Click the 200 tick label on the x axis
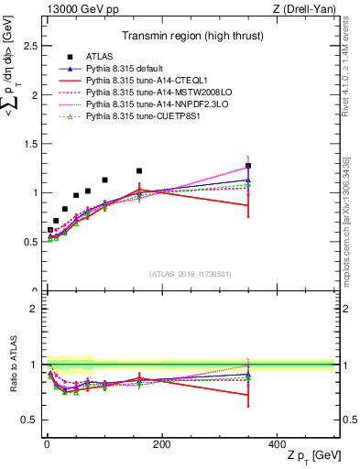(x=162, y=443)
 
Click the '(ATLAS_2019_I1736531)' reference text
(x=190, y=273)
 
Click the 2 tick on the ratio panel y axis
(x=33, y=309)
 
